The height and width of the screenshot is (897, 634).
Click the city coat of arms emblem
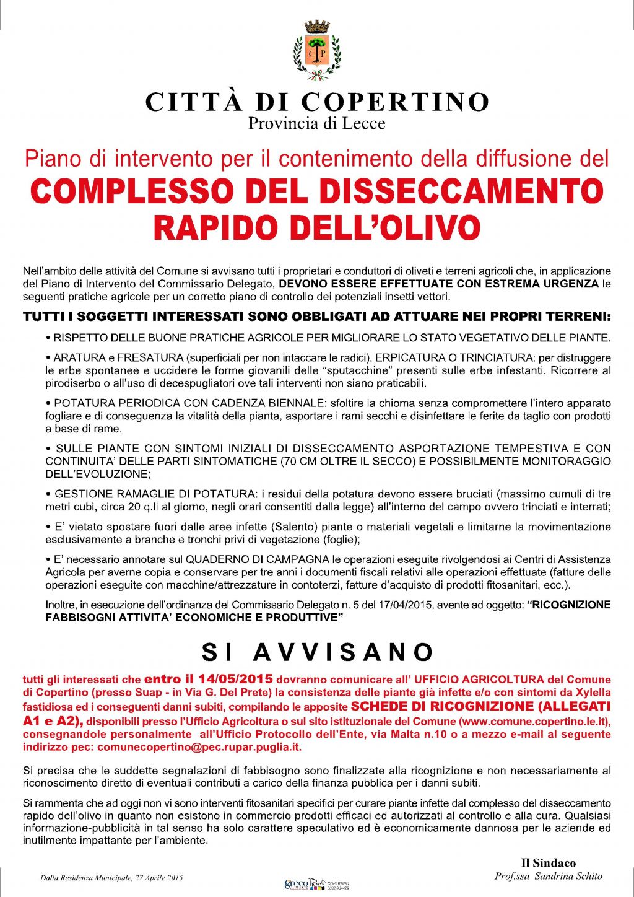pos(316,51)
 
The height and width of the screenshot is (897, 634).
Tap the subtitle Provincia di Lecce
pos(316,123)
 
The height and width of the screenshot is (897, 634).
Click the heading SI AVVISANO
pos(317,652)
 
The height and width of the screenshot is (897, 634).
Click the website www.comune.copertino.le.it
pos(534,721)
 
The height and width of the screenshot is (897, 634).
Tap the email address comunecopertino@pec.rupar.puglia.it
pos(199,747)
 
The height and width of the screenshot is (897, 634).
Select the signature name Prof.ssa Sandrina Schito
pos(548,876)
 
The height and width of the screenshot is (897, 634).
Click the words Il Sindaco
pos(548,863)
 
